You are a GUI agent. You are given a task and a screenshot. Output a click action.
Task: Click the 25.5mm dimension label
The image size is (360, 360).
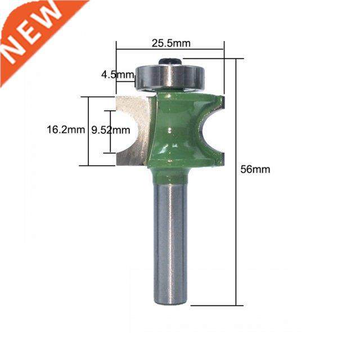coord(170,42)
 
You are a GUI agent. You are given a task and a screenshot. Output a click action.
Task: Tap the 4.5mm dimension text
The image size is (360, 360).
coord(117,74)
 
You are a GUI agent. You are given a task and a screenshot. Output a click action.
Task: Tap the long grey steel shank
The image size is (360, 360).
coord(170,242)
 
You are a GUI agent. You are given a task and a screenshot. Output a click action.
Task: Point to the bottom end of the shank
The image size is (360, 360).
coord(170,301)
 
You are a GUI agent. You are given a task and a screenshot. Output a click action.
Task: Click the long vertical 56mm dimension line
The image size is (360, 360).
coord(237,180)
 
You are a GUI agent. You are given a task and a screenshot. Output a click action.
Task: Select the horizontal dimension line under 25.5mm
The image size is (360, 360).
coord(170,49)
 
